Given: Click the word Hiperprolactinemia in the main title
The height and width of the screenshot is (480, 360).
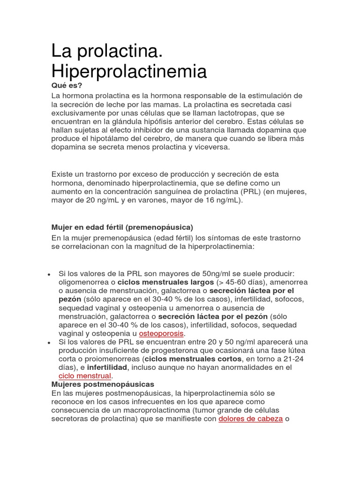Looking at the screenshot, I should coord(129,71).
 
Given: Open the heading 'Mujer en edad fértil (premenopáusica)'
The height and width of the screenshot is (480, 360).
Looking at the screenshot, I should coord(122,227).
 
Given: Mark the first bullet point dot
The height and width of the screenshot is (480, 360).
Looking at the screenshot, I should coord(49,274).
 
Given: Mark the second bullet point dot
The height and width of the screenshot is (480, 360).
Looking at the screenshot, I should coord(49,343).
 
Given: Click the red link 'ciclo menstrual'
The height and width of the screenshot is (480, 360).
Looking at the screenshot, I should coord(85,376).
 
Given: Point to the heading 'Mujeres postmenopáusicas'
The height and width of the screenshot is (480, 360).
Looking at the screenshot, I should coord(103,384).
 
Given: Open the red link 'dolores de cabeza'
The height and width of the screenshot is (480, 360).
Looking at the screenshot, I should coord(250,419).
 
